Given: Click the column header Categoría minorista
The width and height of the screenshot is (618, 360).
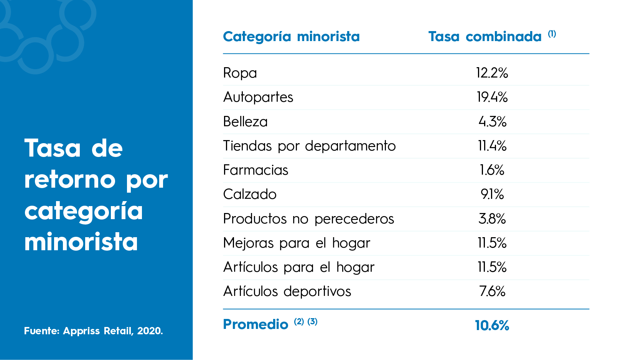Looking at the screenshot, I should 291,37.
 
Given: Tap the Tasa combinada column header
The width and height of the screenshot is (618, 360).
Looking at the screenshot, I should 485,37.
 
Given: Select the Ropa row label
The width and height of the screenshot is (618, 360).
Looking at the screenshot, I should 240,73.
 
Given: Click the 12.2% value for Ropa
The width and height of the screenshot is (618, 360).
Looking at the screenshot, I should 492,73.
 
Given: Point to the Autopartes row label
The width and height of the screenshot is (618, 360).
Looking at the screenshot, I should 258,97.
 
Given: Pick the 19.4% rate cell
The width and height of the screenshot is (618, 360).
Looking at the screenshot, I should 492,97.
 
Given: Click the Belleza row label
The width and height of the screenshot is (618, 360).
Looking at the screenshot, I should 246,122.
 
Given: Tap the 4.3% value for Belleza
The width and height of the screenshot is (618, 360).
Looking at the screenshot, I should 492,122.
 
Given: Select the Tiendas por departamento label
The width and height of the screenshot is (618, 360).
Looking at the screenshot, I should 309,146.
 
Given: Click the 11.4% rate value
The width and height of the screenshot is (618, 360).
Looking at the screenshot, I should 492,146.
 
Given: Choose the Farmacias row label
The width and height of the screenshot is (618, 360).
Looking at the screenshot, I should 255,170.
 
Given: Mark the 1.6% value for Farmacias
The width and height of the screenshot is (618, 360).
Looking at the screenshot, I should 492,170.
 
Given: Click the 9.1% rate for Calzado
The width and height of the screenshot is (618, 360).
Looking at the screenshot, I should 492,194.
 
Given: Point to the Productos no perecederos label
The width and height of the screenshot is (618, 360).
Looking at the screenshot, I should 308,219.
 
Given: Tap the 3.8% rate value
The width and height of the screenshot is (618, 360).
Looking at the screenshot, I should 492,219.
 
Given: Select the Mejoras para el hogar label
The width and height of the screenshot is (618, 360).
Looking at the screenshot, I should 297,243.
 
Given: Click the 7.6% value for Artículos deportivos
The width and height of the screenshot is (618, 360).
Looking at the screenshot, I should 492,291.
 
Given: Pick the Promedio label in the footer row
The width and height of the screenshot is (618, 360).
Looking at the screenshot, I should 255,325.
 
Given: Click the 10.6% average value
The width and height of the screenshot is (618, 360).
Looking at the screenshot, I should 492,325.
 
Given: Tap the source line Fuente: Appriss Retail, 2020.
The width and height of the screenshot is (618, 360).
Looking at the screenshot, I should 93,331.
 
